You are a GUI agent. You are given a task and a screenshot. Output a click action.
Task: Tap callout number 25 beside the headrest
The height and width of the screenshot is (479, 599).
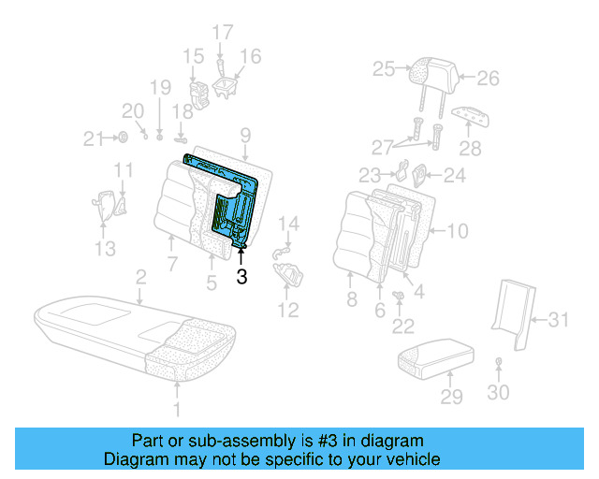pos(384,67)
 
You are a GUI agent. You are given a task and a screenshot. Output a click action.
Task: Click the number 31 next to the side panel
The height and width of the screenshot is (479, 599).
pos(558,321)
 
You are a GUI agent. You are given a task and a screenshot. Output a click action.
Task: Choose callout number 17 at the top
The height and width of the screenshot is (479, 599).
pos(222,33)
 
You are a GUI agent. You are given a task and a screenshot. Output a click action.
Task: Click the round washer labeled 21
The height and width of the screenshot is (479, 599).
pos(122,138)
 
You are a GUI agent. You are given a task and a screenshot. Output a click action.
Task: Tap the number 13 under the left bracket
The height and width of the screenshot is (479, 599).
pos(105,248)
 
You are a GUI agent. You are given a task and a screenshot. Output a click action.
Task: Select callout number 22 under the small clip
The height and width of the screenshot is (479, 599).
pos(403,326)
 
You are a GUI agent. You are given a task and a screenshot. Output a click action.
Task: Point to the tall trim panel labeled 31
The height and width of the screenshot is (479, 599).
pos(513,306)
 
